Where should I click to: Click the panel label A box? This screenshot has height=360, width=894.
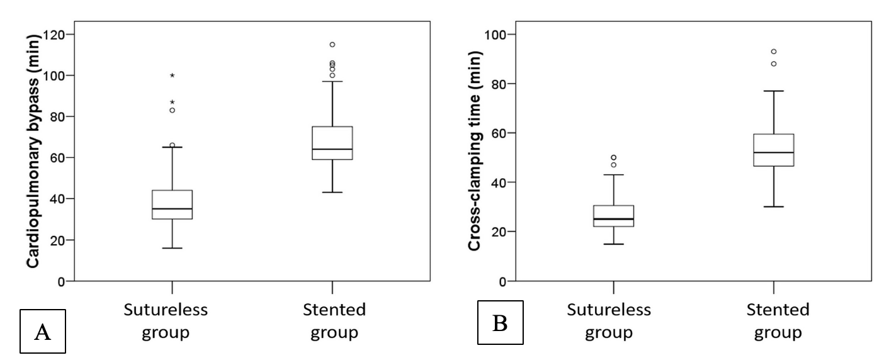43,329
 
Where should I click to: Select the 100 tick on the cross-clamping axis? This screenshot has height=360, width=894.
506,34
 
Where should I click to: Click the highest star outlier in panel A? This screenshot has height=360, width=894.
172,76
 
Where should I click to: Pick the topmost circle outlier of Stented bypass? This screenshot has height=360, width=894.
332,45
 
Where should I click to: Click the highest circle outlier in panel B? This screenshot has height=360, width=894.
774,52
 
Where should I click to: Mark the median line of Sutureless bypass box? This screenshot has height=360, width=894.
172,209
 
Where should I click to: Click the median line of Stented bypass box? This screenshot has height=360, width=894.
332,149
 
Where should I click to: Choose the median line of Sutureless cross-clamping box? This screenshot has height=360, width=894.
613,219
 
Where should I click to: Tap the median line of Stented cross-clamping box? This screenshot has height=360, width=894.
774,152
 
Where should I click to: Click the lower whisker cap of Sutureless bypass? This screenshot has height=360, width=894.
172,248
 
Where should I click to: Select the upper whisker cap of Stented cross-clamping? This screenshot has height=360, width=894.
774,91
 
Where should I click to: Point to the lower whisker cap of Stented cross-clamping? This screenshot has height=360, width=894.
774,206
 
